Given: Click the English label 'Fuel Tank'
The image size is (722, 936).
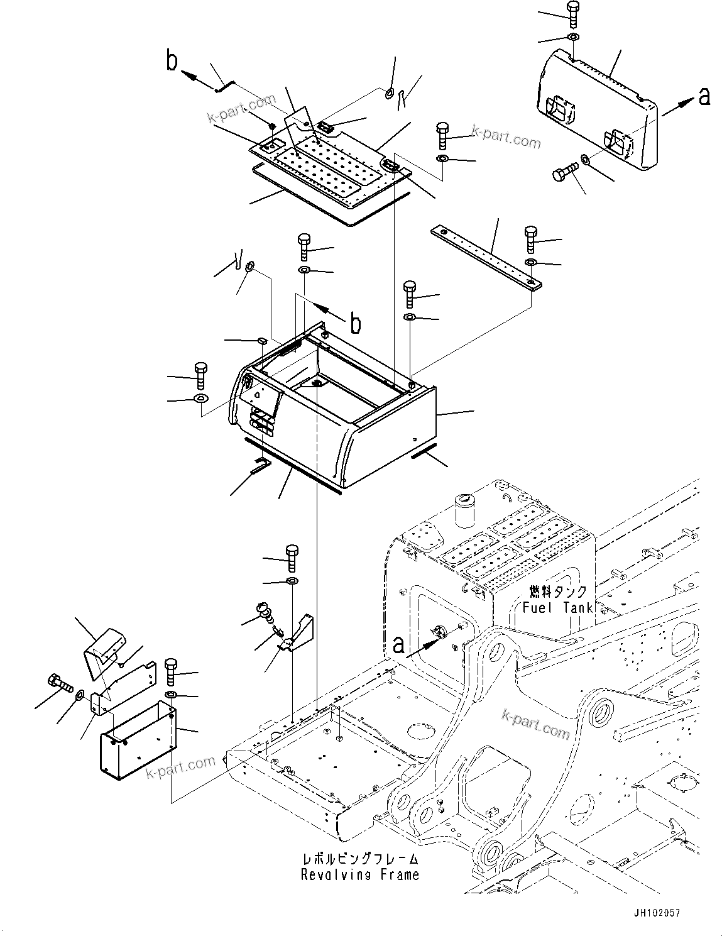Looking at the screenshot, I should [557, 607].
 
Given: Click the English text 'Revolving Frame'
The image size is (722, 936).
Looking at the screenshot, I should [359, 874].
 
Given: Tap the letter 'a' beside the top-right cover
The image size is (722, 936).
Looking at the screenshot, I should [704, 96].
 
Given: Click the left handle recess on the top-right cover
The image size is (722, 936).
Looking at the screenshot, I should [559, 109].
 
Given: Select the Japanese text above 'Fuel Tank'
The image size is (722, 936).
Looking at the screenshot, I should [558, 592].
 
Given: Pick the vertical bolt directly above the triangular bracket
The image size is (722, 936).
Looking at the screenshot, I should [292, 556].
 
